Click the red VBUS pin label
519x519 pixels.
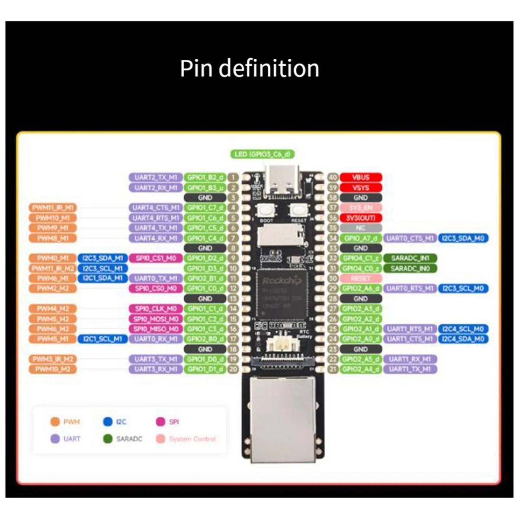click(361, 177)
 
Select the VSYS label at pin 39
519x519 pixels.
click(361, 188)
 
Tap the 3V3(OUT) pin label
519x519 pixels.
click(361, 218)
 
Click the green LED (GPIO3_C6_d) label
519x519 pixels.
click(263, 154)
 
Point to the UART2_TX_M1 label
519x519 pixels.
click(156, 177)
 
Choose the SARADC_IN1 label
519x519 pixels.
click(410, 258)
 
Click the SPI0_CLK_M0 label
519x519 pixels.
click(156, 309)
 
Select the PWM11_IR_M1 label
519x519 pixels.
click(53, 208)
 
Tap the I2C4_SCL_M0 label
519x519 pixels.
click(463, 329)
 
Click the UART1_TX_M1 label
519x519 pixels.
click(410, 369)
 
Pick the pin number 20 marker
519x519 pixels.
click(233, 369)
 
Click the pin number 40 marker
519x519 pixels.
click(333, 177)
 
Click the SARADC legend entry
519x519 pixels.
click(123, 439)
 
